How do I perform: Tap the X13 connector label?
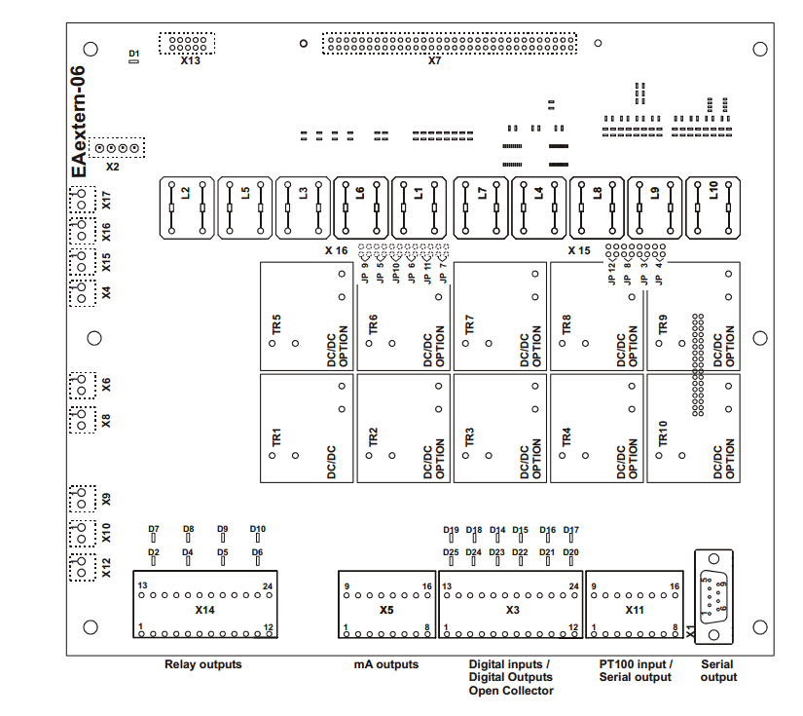coord(191,60)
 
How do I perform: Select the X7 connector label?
coord(435,60)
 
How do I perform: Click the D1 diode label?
coord(134,52)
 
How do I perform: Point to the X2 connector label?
coord(113,167)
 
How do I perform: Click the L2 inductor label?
coord(185,193)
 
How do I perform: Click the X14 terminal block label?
coord(204,610)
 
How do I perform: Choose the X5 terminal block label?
coord(386,610)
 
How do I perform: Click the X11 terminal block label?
coord(635,610)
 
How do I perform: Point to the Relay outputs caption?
coord(202,664)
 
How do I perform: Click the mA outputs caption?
coord(385,664)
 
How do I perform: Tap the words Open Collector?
coord(510,691)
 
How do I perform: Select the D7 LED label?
coord(154,529)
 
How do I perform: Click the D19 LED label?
coord(451,530)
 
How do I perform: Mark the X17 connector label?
coord(106,201)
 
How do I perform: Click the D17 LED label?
coord(571,530)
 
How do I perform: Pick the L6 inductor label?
coord(360,193)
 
